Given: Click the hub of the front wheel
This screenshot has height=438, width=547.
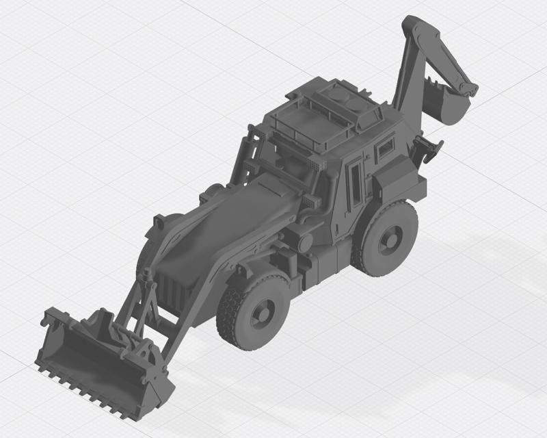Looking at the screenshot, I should tap(261, 314).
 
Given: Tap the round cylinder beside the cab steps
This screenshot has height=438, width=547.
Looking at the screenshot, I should tap(306, 240).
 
